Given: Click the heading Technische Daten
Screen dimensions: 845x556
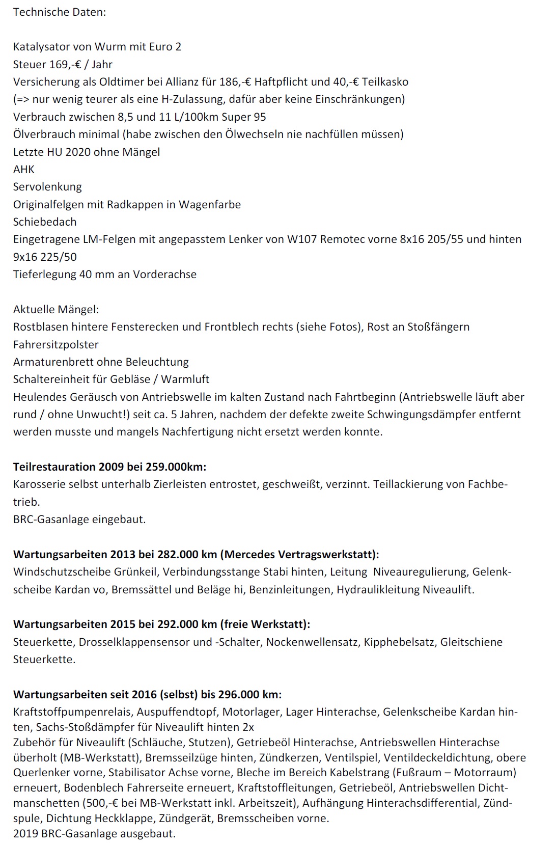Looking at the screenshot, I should [60, 12].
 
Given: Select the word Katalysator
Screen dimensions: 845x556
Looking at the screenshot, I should [42, 47].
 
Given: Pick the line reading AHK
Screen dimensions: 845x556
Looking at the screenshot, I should [24, 169].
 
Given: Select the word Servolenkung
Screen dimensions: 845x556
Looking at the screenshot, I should [47, 186].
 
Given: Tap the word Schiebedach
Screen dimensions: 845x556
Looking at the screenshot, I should [45, 222].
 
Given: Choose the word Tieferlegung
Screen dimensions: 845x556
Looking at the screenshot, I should [44, 274].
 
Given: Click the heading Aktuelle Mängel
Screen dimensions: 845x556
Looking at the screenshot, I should [56, 309].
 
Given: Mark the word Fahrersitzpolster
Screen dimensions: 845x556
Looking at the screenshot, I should [56, 344].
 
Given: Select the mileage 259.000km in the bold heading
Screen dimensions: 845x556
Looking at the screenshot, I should [176, 467].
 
